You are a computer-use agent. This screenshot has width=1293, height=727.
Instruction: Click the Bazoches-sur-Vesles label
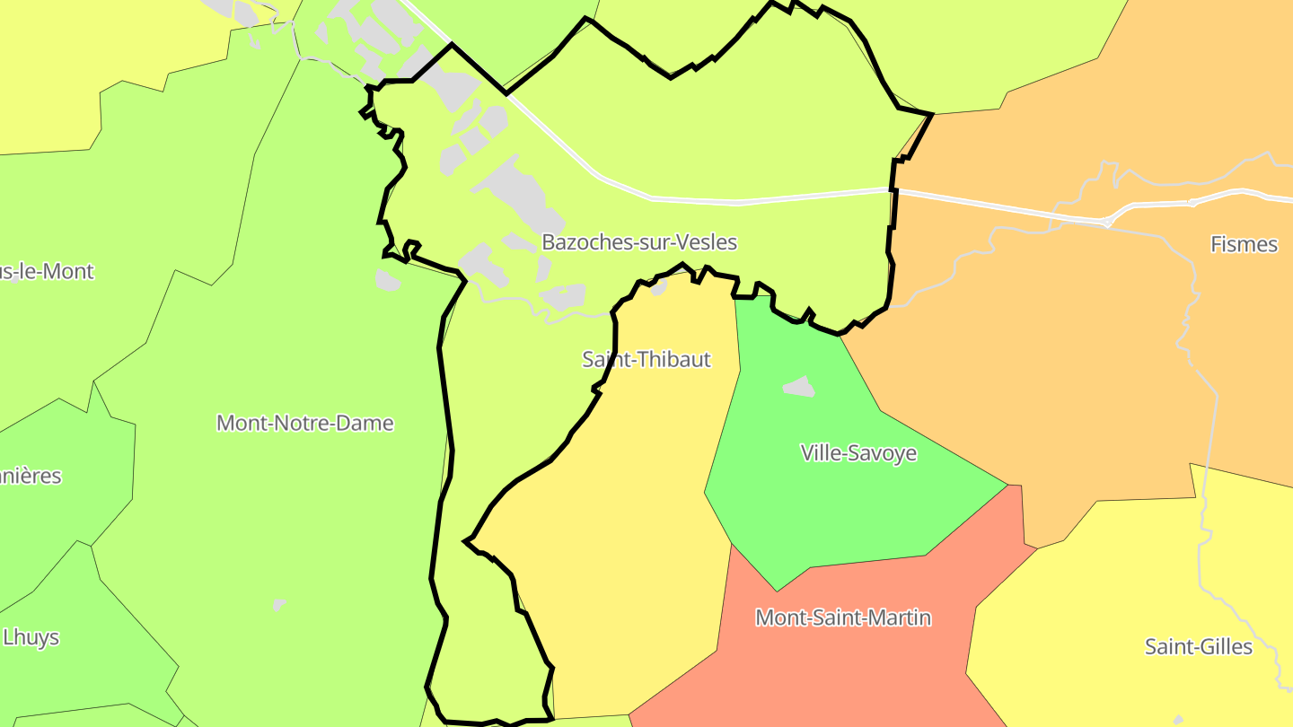[639, 242]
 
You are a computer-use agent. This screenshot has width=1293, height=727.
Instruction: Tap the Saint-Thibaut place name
[646, 360]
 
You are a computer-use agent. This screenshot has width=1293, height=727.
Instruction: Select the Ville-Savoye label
[858, 452]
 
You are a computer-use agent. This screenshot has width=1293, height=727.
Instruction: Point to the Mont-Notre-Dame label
[305, 423]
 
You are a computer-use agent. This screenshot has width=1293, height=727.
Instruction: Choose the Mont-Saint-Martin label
[843, 618]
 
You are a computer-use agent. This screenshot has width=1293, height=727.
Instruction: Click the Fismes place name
[1244, 244]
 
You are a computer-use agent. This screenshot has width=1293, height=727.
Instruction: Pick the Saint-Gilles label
[1198, 646]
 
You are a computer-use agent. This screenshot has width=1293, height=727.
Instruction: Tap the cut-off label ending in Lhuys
[31, 637]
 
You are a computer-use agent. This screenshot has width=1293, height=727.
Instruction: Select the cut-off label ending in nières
[31, 476]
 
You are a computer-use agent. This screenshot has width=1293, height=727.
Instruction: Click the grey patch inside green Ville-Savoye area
[799, 387]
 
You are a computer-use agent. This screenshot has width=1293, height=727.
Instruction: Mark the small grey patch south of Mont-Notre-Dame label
[279, 605]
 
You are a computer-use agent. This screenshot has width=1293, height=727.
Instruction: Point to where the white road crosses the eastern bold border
[893, 190]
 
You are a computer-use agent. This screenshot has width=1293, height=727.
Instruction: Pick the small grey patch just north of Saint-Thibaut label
[659, 287]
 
